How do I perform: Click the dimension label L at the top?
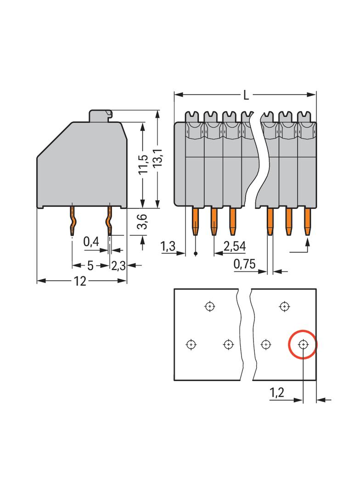point(246,95)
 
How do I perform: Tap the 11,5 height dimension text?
point(143,165)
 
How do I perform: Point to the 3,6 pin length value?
point(143,222)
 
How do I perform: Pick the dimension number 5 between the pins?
point(90,266)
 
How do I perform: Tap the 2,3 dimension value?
point(118,266)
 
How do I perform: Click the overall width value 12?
point(80,281)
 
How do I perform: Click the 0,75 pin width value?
point(244,264)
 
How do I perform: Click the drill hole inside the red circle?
point(303,344)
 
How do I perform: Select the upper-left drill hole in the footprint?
point(210,306)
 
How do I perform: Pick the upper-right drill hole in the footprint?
point(285,306)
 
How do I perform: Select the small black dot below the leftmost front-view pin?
point(196,253)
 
